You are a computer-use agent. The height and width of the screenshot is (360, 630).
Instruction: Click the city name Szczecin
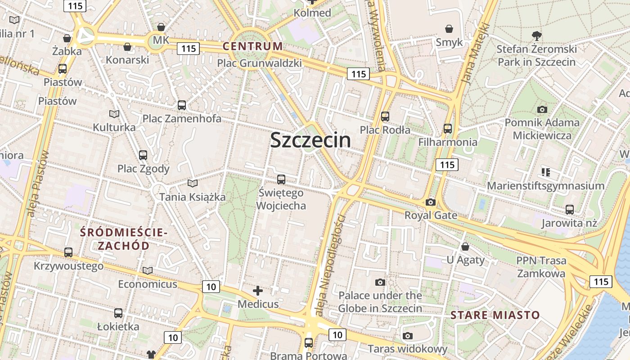(310, 140)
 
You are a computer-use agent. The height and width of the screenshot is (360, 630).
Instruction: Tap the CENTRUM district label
(252, 46)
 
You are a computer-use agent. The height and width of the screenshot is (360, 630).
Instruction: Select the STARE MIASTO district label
(495, 315)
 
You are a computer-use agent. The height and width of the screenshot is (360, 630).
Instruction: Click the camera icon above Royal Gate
(431, 202)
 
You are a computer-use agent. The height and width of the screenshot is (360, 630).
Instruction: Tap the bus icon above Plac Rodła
(385, 117)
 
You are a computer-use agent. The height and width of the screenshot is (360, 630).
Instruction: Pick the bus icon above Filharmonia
(447, 129)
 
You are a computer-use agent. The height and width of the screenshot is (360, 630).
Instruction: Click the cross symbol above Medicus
(258, 291)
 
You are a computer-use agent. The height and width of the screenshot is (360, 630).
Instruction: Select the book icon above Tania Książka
(193, 183)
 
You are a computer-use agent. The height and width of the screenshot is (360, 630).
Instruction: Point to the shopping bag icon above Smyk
(449, 29)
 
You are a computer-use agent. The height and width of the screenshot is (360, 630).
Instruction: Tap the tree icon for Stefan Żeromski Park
(536, 36)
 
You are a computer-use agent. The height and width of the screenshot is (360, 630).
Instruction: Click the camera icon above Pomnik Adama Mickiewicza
(542, 109)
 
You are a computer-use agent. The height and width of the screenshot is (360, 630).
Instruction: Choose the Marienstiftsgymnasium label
(546, 186)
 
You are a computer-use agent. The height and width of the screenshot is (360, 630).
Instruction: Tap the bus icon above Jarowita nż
(570, 209)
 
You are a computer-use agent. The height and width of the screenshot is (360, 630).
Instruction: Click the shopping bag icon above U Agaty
(465, 247)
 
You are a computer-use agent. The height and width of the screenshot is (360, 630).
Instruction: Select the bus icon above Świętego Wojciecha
(281, 180)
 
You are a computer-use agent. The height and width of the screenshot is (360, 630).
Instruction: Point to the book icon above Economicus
(148, 270)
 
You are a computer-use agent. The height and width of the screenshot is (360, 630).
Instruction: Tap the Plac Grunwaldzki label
(259, 63)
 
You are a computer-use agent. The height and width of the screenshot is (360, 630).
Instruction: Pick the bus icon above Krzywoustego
(68, 252)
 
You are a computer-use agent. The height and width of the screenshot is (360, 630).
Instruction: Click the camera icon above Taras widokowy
(408, 336)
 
